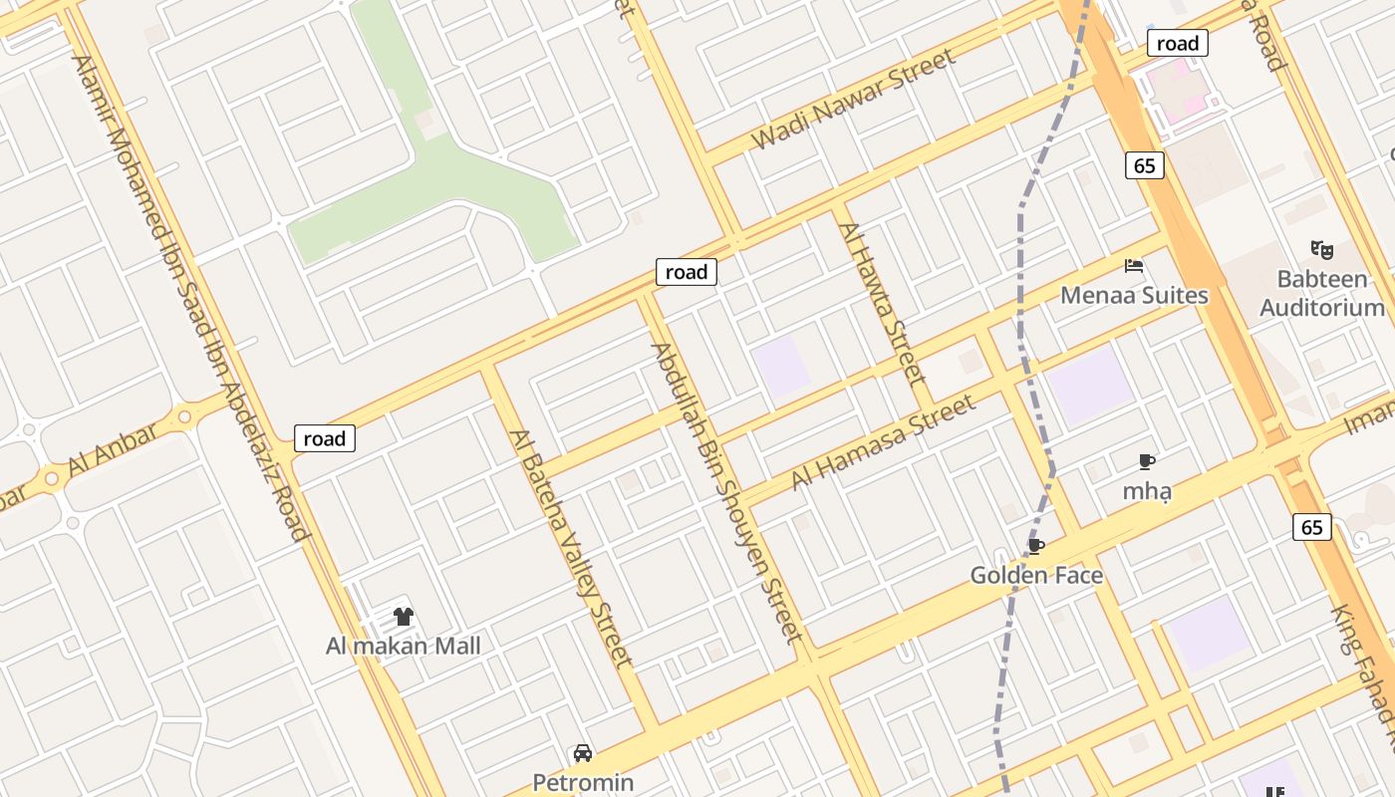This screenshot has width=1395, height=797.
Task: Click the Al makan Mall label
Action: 404,646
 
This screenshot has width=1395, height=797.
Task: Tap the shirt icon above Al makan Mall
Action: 403,617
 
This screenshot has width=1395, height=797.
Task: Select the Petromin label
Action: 583,782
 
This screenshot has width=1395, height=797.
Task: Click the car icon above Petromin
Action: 583,753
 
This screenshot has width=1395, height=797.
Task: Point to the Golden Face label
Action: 1036,575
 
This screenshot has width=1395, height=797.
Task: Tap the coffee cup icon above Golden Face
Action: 1036,546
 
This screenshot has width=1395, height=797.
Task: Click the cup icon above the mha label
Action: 1147,461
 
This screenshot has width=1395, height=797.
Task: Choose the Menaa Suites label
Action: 1134,295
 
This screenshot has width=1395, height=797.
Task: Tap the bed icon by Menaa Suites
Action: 1134,266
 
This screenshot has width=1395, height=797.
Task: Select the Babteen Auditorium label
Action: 1322,293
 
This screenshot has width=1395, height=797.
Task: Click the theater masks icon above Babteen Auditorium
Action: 1322,249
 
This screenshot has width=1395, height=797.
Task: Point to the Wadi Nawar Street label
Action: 853,99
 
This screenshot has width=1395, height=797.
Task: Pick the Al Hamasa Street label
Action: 884,443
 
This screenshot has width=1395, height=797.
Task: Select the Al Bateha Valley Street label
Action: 570,548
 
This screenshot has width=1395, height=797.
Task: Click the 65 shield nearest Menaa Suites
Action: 1145,165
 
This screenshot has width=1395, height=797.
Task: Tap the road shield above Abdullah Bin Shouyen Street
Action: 687,272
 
